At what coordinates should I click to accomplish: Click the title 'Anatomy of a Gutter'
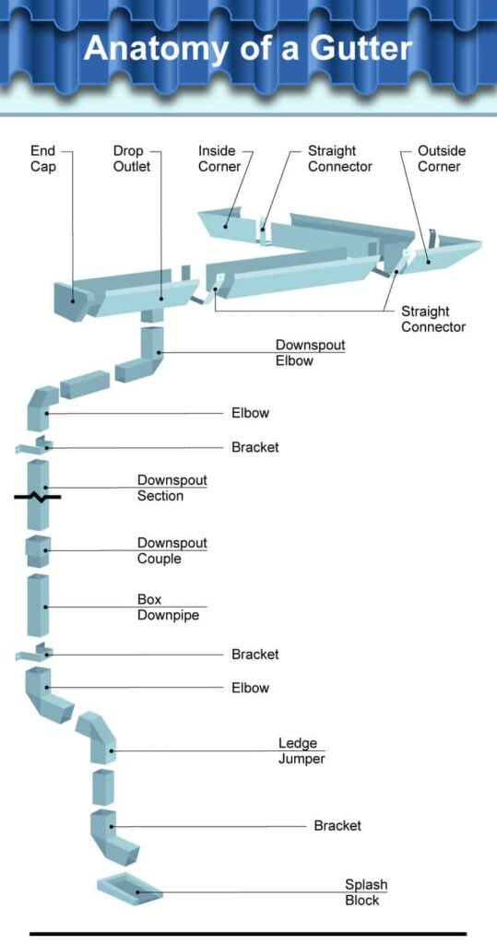[247, 47]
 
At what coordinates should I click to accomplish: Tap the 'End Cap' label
[43, 159]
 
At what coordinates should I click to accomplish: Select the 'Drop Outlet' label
[132, 159]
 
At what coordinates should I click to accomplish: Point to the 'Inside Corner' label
[219, 159]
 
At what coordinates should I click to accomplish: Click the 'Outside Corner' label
[442, 159]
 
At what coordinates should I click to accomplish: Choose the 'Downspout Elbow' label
[310, 353]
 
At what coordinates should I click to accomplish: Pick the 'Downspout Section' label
[172, 488]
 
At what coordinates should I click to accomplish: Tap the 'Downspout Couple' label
[172, 550]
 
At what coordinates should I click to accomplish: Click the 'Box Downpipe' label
[161, 607]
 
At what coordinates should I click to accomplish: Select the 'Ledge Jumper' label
[302, 750]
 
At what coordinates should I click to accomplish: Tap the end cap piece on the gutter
[66, 297]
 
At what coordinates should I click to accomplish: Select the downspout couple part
[38, 550]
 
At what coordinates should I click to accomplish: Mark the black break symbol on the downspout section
[37, 497]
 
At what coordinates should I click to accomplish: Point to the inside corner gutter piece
[221, 221]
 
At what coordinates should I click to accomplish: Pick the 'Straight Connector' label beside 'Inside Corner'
[339, 159]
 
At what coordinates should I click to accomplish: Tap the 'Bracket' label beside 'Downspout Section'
[254, 447]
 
